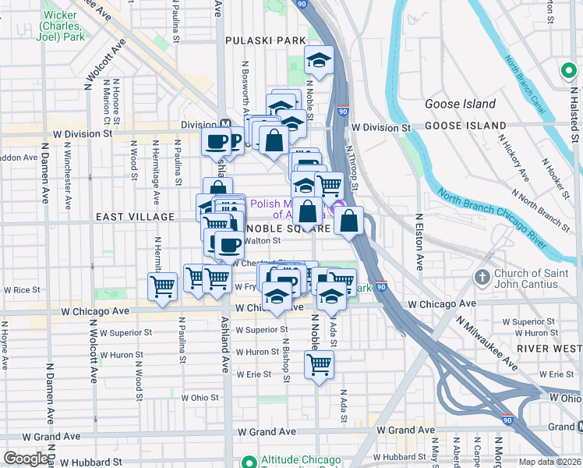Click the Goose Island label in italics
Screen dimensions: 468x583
pos(460,104)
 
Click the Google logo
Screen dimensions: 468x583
pos(26,459)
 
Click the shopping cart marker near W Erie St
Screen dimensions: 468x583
pos(319,363)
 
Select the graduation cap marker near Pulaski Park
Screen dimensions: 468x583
pos(318,60)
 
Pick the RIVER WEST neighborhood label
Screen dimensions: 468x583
pos(551,348)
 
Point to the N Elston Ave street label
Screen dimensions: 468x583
pos(419,243)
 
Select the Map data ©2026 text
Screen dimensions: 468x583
pos(550,462)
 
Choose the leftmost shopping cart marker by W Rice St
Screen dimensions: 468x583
pos(162,286)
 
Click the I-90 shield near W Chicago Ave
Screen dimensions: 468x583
pos(381,287)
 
